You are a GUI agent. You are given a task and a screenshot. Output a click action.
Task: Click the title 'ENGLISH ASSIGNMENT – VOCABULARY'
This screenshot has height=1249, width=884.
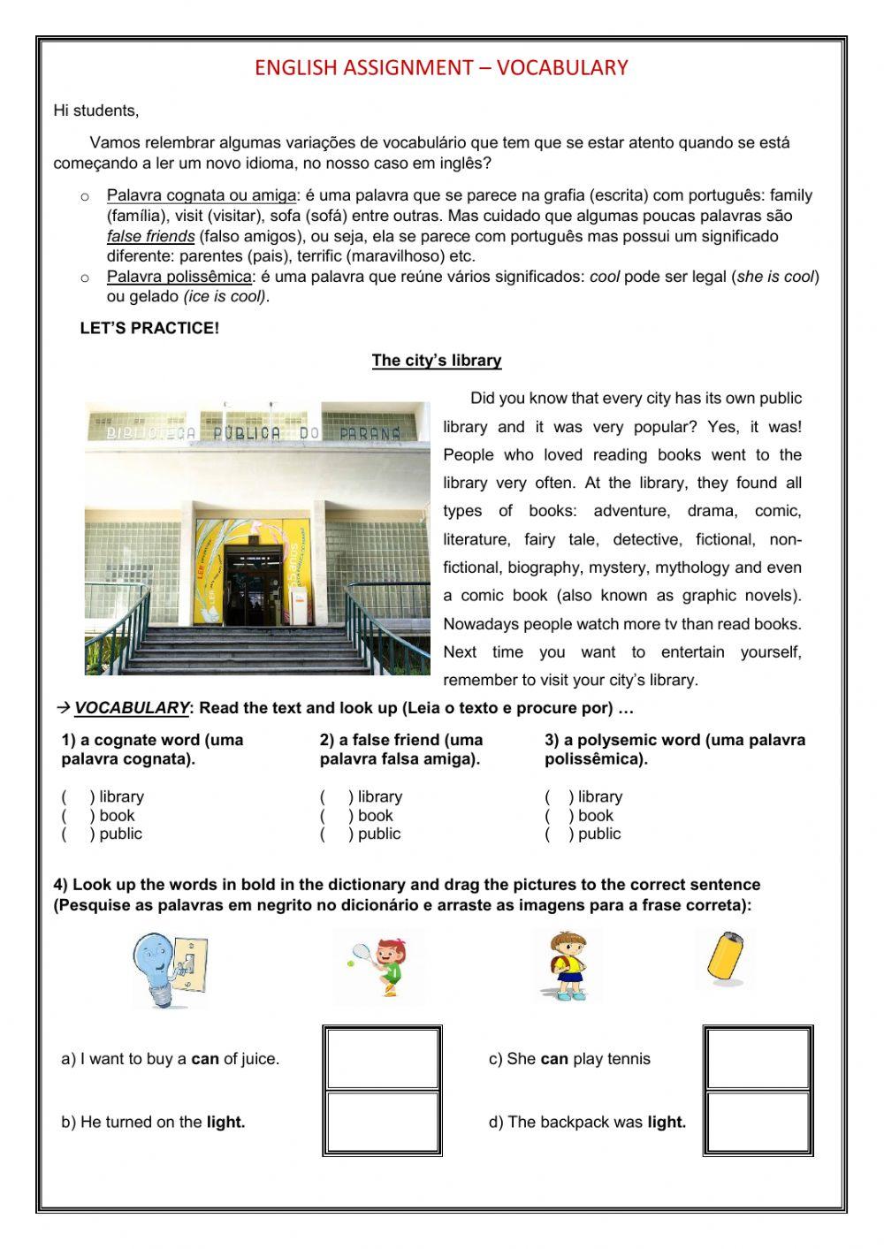tap(441, 68)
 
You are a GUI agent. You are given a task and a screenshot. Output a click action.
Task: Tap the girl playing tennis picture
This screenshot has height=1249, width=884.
tap(377, 968)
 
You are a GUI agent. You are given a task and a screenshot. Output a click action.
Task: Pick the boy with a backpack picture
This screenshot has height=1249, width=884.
tap(567, 964)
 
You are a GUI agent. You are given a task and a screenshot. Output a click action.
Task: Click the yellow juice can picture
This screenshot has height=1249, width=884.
tap(725, 959)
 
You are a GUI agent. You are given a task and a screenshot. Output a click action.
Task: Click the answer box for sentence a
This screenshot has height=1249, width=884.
tap(382, 1058)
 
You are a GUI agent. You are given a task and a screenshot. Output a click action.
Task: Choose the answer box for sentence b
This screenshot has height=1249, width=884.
tap(382, 1123)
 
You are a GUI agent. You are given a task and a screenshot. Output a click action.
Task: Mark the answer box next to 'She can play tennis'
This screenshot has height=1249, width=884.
tap(758, 1058)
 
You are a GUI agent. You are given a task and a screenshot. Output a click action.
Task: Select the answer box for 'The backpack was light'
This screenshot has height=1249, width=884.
tap(758, 1123)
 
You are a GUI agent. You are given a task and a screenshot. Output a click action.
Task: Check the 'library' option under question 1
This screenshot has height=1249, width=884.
tap(77, 797)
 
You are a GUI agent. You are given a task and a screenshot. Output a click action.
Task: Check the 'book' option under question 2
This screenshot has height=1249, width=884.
tap(335, 816)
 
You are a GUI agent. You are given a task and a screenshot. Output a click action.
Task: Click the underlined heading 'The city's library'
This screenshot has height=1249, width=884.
tap(436, 361)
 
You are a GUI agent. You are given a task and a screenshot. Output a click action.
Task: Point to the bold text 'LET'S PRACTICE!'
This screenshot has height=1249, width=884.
tap(149, 329)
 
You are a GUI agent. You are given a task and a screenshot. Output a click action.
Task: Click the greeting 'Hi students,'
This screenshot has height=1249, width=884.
tap(95, 111)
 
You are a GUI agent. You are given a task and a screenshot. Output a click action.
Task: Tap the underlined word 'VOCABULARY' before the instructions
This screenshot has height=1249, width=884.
tap(131, 708)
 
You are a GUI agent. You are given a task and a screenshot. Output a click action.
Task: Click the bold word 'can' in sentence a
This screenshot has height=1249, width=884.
tap(205, 1059)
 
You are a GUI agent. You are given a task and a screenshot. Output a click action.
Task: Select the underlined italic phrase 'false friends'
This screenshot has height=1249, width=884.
tap(150, 237)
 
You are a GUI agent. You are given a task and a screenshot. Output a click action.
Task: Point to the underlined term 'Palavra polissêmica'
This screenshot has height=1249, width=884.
tap(179, 278)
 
